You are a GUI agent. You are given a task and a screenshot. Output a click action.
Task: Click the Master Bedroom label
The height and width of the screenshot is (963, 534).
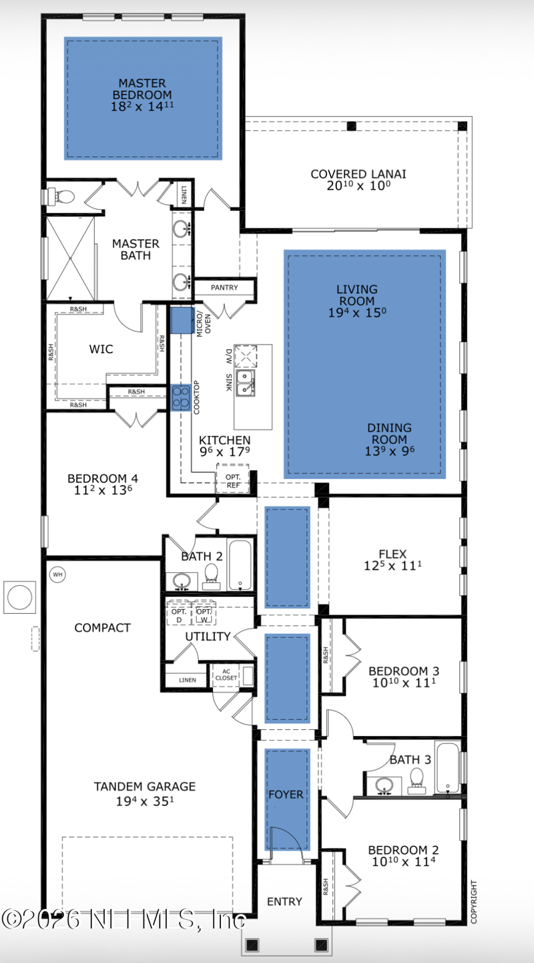click(142, 95)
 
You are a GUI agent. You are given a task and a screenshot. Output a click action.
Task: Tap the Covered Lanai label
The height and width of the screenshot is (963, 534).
click(358, 180)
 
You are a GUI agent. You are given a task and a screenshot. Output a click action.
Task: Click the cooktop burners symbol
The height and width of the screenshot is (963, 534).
click(180, 397)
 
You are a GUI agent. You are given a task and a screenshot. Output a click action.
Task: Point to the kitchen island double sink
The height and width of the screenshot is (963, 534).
click(245, 383)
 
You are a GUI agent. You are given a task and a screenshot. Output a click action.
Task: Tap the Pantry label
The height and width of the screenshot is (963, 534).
click(224, 288)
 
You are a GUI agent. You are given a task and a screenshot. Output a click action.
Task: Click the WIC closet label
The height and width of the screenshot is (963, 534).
click(101, 349)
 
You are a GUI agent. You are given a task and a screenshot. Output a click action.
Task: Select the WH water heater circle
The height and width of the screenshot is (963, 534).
click(57, 574)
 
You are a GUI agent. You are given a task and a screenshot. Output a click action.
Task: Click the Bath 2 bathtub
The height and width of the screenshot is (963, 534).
click(240, 564)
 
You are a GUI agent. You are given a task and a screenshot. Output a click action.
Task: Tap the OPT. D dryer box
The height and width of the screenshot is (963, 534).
click(179, 613)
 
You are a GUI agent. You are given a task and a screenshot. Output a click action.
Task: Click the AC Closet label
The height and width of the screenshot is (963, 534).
click(226, 675)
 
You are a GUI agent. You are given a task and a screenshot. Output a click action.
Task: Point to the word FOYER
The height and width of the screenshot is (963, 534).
click(286, 795)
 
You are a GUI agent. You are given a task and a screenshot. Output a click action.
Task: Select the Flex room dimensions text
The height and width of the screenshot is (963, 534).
click(392, 566)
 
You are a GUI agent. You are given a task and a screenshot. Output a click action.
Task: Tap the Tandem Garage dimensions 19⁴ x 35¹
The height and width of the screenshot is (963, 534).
click(145, 801)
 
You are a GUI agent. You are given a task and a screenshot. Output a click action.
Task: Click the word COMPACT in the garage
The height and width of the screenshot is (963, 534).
click(102, 628)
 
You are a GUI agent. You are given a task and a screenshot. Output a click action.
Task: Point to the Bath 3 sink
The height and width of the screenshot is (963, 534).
click(384, 786)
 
